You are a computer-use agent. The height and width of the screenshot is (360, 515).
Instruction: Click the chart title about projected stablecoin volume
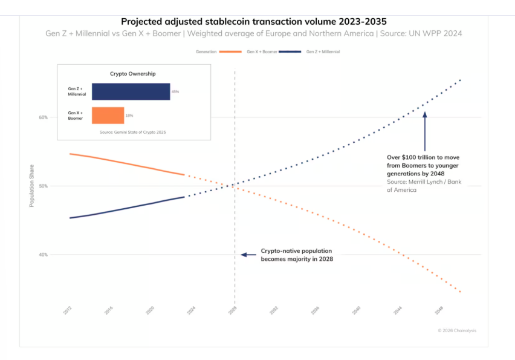[x=254, y=21]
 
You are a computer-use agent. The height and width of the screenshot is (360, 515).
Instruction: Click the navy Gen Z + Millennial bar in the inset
[x=131, y=91]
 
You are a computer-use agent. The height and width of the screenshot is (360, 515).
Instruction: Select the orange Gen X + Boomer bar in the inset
[x=108, y=115]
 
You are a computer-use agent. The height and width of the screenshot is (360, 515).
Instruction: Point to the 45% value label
[x=175, y=91]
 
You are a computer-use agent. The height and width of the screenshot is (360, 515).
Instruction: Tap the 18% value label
[x=129, y=115]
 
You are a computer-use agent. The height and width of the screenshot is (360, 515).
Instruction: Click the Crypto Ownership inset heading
[x=132, y=74]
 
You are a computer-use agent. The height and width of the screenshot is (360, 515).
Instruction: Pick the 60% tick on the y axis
[x=44, y=117]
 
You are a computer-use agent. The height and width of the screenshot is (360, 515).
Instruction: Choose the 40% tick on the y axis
[x=44, y=255]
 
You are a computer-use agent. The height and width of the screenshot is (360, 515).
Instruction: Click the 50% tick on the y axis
[x=44, y=186]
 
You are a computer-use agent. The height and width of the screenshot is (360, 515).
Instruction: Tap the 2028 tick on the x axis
[x=232, y=310]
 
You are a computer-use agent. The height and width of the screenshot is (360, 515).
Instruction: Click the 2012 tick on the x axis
[x=67, y=310]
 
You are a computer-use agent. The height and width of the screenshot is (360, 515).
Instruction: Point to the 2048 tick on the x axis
[x=438, y=310]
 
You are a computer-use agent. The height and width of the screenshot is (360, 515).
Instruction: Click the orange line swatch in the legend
[x=231, y=52]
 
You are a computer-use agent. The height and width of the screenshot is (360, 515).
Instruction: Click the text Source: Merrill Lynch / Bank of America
[x=423, y=185]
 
